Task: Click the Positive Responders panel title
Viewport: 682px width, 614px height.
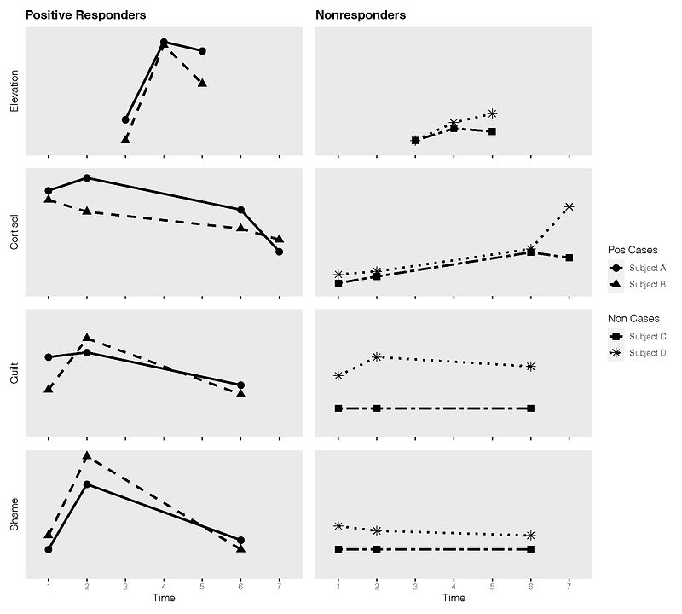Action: tap(85, 15)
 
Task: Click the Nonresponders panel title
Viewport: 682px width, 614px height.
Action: tap(360, 15)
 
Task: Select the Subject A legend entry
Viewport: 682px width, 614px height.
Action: tap(647, 268)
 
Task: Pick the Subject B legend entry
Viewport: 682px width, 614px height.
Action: tap(647, 284)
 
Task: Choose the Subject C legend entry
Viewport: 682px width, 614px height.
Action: tap(647, 336)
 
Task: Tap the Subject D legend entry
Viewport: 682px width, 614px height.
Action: tap(647, 352)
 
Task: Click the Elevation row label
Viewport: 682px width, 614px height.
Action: tap(14, 91)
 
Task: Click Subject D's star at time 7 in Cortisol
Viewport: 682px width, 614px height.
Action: tap(569, 206)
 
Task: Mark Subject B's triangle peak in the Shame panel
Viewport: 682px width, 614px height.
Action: tap(87, 455)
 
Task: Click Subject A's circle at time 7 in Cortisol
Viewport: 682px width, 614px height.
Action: tap(279, 252)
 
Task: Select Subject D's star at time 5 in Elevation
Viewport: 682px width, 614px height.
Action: tap(492, 113)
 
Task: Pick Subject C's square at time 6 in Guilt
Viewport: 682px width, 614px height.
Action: tap(530, 408)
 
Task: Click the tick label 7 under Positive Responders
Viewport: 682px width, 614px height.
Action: tap(279, 587)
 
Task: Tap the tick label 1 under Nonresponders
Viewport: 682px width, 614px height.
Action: tap(338, 587)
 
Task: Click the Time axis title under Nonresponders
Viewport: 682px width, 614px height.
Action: tap(454, 600)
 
